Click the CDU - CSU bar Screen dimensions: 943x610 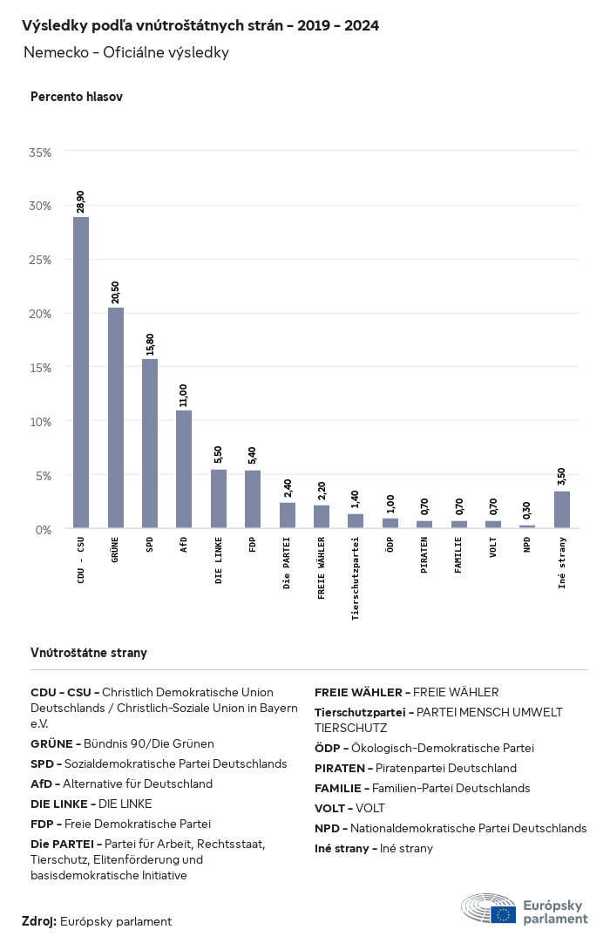[x=80, y=372]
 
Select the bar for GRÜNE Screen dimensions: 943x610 [x=115, y=417]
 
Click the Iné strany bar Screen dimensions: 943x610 [x=562, y=510]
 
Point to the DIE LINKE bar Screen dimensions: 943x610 [x=219, y=499]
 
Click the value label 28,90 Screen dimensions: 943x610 [x=81, y=201]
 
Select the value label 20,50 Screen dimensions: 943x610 [x=115, y=292]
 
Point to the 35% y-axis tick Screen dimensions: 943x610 [x=40, y=152]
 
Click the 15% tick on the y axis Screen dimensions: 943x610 [x=40, y=368]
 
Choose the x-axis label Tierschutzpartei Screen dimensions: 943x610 [x=356, y=579]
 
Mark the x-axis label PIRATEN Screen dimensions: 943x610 [x=424, y=557]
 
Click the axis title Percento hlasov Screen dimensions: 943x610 [x=77, y=97]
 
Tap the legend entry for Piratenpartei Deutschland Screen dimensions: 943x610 [x=416, y=768]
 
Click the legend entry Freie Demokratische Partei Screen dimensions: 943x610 [x=120, y=823]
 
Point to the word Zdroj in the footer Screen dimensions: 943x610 [x=39, y=921]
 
